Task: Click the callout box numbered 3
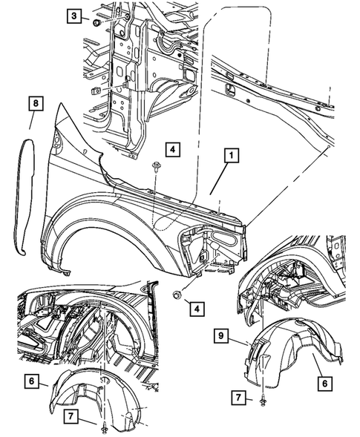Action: (x=73, y=16)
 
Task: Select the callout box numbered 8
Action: (x=36, y=103)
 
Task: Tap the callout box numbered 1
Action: (x=232, y=156)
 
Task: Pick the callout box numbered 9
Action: (x=221, y=335)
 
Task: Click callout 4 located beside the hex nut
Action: (x=197, y=309)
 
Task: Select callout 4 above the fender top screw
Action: (x=173, y=149)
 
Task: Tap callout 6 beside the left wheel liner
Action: (x=31, y=381)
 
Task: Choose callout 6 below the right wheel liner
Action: (x=325, y=384)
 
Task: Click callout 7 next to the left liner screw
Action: (x=71, y=416)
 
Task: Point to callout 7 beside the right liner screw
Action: (x=238, y=397)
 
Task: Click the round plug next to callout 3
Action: (x=96, y=24)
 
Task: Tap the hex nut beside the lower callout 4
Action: (x=177, y=295)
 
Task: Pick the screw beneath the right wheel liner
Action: (x=263, y=401)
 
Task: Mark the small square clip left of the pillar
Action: (x=95, y=90)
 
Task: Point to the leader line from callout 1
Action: (x=220, y=179)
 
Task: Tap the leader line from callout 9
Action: (x=238, y=341)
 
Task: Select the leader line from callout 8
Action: (x=32, y=120)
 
